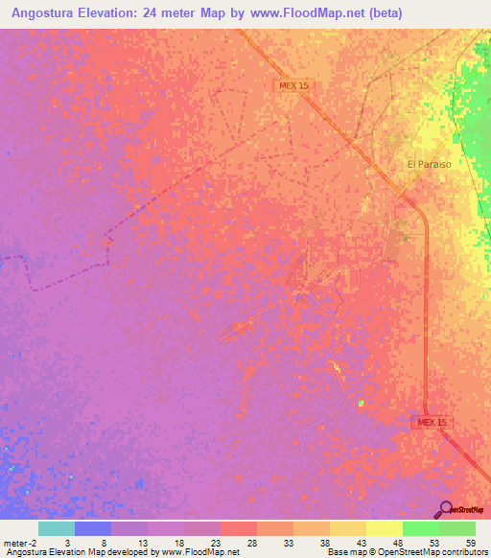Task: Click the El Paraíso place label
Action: coord(429,164)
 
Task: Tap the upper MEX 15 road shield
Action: coord(294,85)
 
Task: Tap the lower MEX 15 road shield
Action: coord(433,422)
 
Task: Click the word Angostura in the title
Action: coord(53,13)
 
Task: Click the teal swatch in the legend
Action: coord(56,528)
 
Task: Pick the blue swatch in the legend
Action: coord(92,528)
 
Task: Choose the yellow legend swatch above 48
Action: coord(384,528)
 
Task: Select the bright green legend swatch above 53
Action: coord(420,528)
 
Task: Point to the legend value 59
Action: coord(469,543)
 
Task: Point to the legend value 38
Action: coord(323,543)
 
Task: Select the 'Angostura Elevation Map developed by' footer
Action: coord(80,552)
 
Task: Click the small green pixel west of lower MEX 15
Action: coord(362,404)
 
